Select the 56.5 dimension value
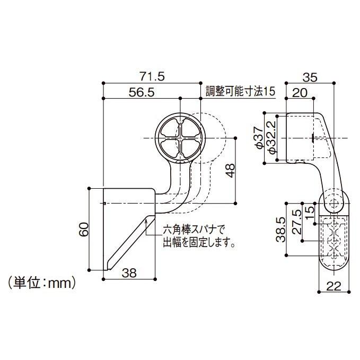(x=141, y=92)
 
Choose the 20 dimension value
(x=300, y=92)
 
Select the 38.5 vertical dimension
(x=282, y=229)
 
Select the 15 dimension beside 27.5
(x=310, y=208)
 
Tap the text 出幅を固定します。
(x=199, y=243)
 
